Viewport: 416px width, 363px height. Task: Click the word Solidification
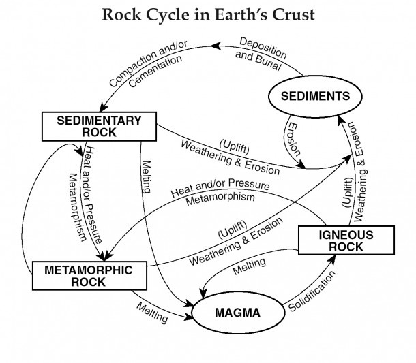[x=312, y=291]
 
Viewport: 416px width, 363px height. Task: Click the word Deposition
[x=263, y=48]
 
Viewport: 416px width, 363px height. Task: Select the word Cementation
[x=155, y=72]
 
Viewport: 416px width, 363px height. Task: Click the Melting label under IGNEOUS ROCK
[x=249, y=266]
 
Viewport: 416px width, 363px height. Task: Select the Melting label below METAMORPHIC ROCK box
[x=152, y=313]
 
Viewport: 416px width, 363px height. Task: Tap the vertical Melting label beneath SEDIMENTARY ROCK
[x=147, y=176]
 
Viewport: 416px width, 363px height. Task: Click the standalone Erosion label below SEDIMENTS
[x=294, y=139]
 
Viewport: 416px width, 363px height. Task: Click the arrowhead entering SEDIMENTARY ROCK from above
[x=103, y=108]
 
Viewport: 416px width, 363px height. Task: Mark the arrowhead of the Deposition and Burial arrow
[x=215, y=46]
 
